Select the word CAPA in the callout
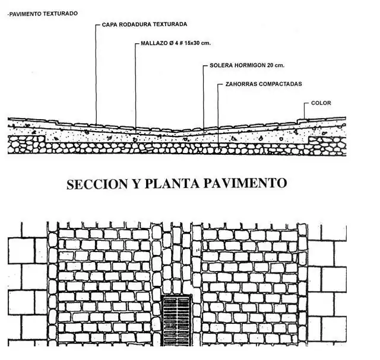point(109,25)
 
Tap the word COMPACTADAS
point(281,84)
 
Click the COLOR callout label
point(321,103)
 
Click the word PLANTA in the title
point(170,183)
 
